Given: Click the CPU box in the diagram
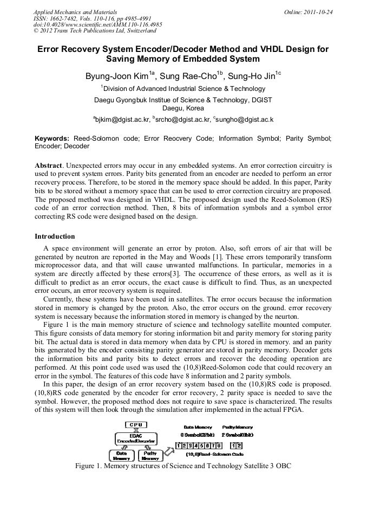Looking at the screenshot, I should pyautogui.click(x=135, y=425).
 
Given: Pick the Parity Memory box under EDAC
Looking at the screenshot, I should pyautogui.click(x=150, y=456).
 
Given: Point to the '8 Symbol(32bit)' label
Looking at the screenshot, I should pyautogui.click(x=198, y=435).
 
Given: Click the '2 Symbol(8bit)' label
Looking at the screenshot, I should pyautogui.click(x=237, y=435).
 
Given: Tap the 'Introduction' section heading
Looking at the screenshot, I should pyautogui.click(x=55, y=236).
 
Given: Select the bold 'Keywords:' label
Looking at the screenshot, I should pyautogui.click(x=52, y=139).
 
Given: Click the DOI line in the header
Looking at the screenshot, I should pyautogui.click(x=97, y=25).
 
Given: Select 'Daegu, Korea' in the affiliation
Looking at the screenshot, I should pyautogui.click(x=183, y=108).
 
